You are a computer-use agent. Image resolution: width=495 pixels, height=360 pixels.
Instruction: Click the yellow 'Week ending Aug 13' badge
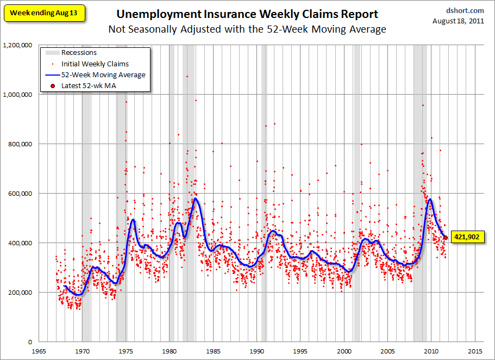click(45, 13)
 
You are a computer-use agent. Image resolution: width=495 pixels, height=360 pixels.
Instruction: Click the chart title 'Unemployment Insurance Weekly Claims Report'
click(247, 14)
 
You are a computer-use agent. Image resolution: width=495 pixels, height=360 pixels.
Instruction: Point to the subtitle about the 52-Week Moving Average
click(247, 29)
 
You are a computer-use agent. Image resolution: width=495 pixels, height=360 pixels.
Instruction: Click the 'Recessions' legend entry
click(79, 53)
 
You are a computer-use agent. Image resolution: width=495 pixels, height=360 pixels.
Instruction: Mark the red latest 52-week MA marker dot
click(446, 237)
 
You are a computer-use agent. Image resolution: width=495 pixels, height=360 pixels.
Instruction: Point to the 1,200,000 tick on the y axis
click(17, 45)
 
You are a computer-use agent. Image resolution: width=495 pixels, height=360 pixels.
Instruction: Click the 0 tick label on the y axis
click(29, 342)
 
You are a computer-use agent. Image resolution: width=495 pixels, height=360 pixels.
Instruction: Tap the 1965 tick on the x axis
click(38, 351)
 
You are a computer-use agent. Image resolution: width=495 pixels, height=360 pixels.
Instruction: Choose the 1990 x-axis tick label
click(256, 351)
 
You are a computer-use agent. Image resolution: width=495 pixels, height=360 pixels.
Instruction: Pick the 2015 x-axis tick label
click(475, 351)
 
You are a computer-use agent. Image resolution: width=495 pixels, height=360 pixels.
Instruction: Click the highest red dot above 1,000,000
click(187, 76)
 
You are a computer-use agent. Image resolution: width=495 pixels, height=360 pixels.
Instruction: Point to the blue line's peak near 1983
click(195, 198)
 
